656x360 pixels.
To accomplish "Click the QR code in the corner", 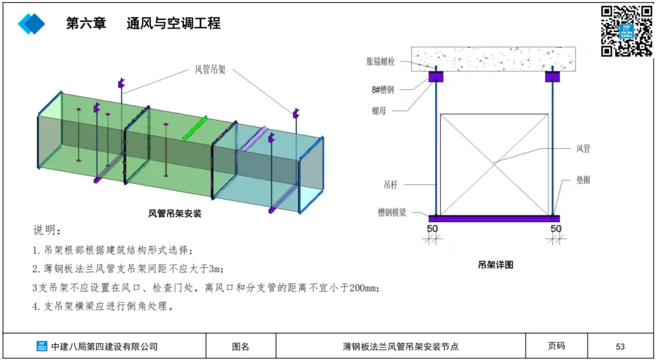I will [626, 30].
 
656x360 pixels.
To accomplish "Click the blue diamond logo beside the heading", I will [32, 24].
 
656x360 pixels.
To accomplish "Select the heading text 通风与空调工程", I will [173, 24].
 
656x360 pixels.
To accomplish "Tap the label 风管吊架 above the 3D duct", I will [210, 70].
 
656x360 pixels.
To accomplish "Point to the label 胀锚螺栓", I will [381, 61].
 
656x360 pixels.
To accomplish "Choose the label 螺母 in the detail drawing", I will [381, 111].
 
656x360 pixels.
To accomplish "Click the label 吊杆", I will [392, 184].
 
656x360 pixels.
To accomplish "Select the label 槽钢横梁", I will [392, 212].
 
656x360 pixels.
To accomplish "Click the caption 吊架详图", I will [496, 265].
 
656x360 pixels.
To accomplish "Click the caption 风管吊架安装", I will [175, 214].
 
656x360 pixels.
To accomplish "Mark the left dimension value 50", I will [432, 228].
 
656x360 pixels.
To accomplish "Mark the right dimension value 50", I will [556, 228].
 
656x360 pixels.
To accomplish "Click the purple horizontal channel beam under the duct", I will [494, 218].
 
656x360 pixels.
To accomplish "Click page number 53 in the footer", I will [620, 347].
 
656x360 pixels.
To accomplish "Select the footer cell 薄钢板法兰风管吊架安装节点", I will [400, 347].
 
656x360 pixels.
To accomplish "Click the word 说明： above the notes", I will [47, 231].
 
